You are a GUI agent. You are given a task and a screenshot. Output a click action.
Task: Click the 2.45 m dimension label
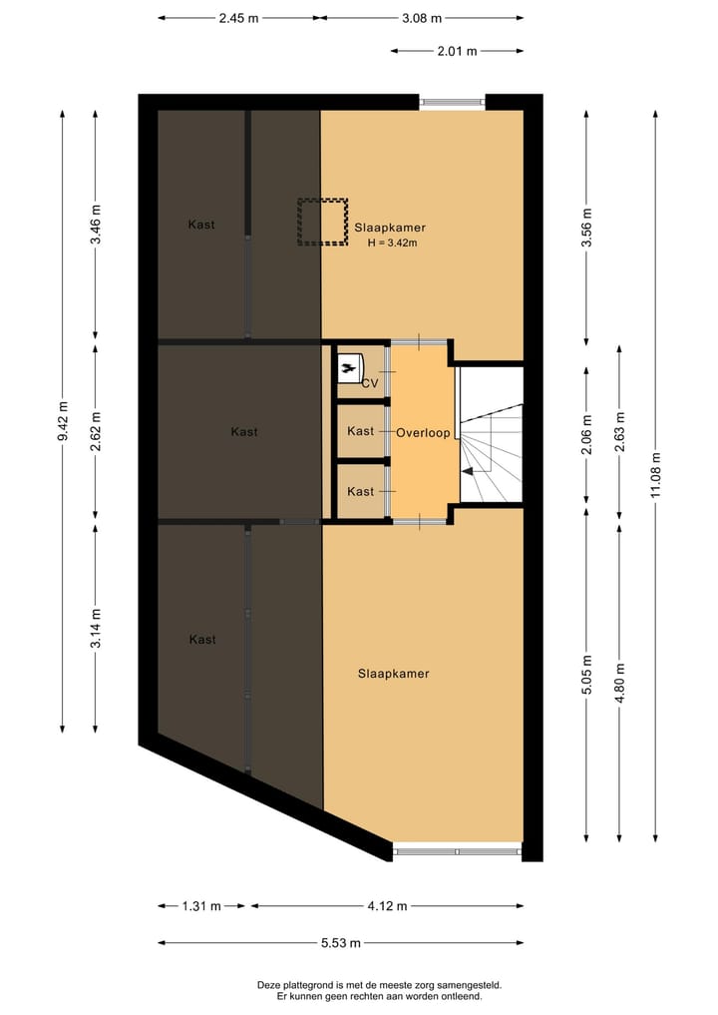click(238, 18)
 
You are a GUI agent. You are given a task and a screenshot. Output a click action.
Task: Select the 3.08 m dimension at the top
click(422, 18)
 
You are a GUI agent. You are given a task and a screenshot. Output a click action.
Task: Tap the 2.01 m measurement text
click(457, 51)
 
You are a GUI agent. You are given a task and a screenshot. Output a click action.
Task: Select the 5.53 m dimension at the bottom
click(340, 943)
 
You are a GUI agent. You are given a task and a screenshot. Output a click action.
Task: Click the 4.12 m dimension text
click(388, 906)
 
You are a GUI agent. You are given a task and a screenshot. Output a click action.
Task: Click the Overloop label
click(423, 433)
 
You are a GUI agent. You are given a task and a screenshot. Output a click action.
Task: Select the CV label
click(369, 383)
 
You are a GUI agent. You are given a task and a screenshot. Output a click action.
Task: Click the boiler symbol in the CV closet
click(348, 368)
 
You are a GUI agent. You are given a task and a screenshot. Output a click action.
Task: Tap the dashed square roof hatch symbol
click(320, 222)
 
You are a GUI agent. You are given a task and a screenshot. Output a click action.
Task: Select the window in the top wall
click(452, 102)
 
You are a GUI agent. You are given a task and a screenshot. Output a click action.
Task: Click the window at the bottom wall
click(457, 851)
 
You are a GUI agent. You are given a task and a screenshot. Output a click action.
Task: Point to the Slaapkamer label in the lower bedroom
click(393, 674)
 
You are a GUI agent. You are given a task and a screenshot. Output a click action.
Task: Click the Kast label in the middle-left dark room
click(244, 432)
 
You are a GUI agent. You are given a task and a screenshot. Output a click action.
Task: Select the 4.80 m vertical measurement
click(620, 683)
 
